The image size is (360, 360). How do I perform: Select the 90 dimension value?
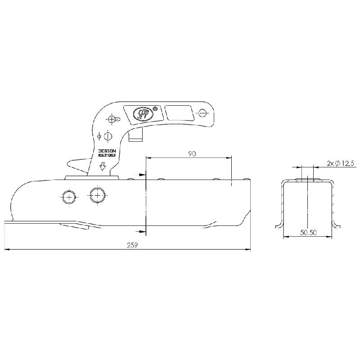[192, 154]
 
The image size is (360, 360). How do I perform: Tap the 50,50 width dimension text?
[308, 233]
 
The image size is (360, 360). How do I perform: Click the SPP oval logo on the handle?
[143, 112]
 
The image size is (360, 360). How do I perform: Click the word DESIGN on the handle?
[107, 151]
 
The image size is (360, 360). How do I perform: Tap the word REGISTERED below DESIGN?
[107, 155]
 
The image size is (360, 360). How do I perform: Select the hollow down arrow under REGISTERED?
[103, 167]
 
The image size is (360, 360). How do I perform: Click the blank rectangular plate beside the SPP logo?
[179, 112]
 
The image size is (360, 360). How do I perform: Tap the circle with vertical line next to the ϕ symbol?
[108, 135]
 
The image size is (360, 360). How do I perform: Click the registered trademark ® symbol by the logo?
[155, 108]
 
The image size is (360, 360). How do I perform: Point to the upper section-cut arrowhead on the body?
[143, 175]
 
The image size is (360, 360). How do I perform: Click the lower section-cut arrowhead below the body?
[143, 231]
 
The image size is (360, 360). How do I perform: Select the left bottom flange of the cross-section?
[279, 223]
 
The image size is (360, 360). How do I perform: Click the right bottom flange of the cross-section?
[336, 223]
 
